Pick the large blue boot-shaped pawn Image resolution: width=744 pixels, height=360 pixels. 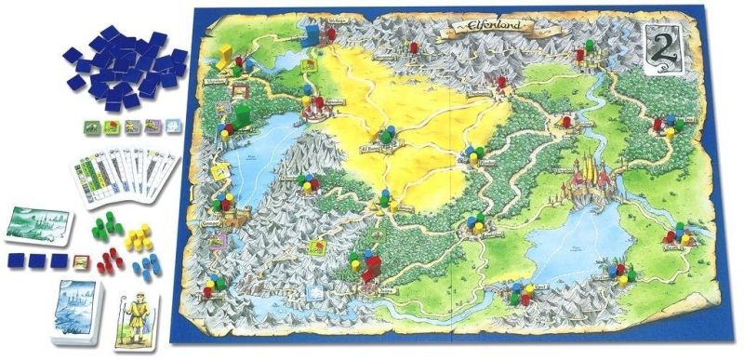click(x=311, y=28)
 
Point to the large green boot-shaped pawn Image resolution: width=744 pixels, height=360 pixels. click(x=240, y=116)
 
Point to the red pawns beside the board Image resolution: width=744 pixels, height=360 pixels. click(x=112, y=255)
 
